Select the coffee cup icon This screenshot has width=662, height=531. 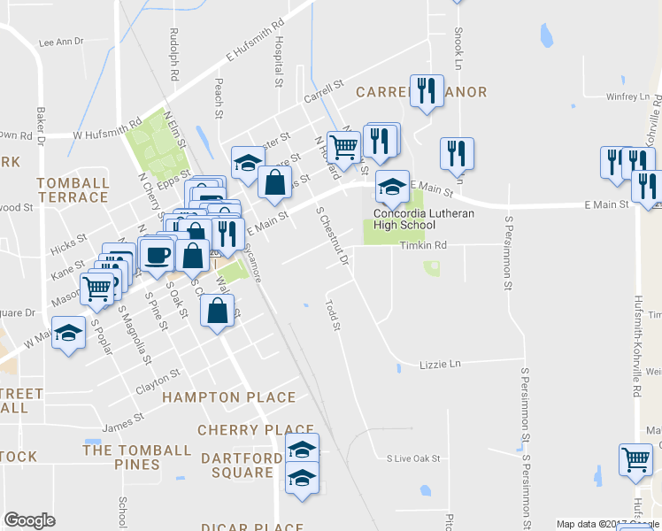coord(158,256)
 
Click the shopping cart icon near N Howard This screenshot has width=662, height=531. coord(343,146)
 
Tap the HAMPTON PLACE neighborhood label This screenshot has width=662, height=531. coord(228,398)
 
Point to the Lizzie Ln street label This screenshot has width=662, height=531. coord(443,364)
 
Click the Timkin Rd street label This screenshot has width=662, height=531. coord(423,245)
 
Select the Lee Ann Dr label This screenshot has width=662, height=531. coord(61,42)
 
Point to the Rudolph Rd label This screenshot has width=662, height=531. coord(173,54)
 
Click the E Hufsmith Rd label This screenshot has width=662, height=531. coord(255,42)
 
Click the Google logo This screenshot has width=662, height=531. coord(30,520)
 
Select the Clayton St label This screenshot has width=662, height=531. coord(158,382)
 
